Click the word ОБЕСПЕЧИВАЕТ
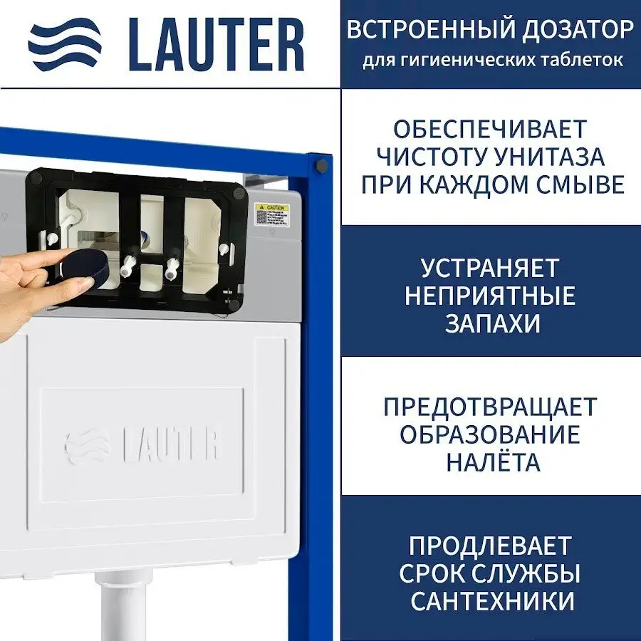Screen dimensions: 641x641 [x=490, y=129]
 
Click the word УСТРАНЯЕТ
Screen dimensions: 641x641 [x=490, y=268]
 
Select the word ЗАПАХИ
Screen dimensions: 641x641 [x=492, y=323]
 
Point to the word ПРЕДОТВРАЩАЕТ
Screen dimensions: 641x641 [x=490, y=407]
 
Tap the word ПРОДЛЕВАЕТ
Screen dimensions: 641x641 [x=490, y=546]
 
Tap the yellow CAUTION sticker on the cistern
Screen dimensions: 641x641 [x=271, y=216]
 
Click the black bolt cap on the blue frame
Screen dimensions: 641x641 [x=321, y=166]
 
